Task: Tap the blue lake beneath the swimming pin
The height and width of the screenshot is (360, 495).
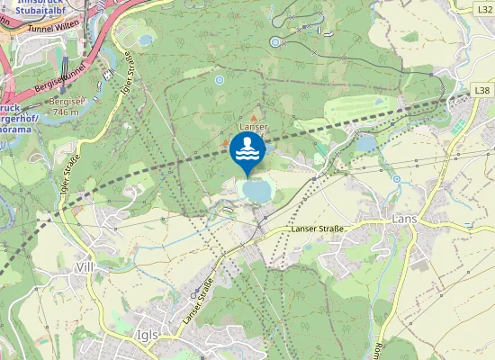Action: click(x=256, y=191)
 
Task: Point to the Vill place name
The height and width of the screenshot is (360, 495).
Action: click(x=86, y=267)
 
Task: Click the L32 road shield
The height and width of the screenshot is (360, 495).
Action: click(x=484, y=7)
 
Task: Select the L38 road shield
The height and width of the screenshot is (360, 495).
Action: click(x=483, y=91)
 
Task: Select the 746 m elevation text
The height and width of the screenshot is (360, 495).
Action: click(x=67, y=112)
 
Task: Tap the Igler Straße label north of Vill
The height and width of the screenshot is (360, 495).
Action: click(x=69, y=175)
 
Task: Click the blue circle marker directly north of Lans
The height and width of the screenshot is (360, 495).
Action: click(x=397, y=179)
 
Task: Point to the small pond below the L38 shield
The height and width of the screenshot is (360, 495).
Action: click(x=366, y=142)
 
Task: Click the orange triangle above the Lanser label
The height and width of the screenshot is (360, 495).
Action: click(x=254, y=118)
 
